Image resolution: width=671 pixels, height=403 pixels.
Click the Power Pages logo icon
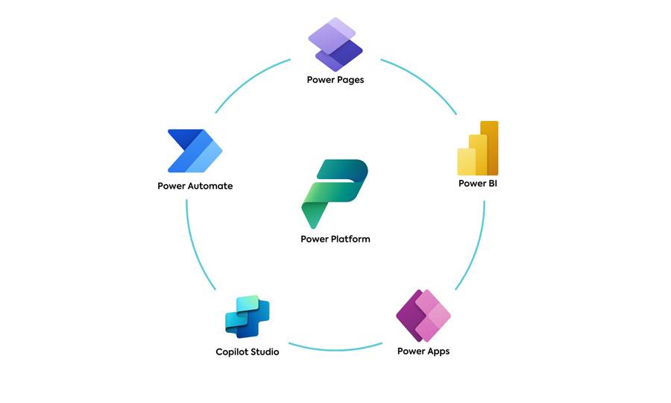(x=335, y=44)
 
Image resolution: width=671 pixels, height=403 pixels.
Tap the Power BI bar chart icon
(x=478, y=149)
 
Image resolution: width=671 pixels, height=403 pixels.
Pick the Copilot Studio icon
(x=247, y=316)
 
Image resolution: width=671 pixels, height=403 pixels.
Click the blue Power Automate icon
(x=195, y=151)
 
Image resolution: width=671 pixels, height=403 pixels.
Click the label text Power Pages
(x=335, y=79)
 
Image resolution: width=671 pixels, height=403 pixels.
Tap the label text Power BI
(x=477, y=184)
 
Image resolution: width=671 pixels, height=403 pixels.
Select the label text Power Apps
(x=423, y=351)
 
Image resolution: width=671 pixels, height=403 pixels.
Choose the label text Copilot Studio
(x=248, y=352)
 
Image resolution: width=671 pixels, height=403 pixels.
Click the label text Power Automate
(x=195, y=186)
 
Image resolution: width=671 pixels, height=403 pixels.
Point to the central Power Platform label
(x=335, y=240)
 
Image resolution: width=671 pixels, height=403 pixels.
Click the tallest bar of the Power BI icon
(x=489, y=147)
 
